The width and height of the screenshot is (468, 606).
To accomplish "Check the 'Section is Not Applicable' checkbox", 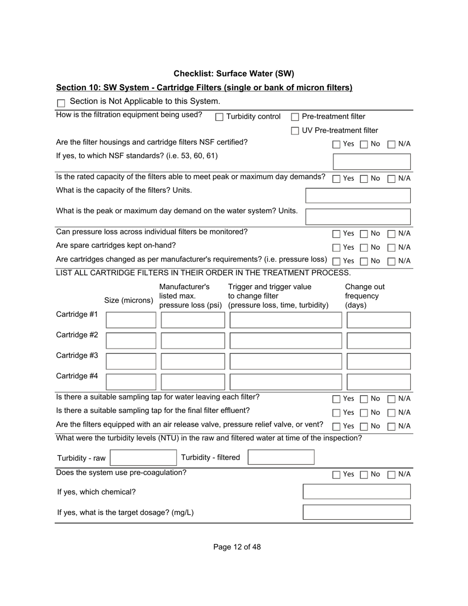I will [x=61, y=103].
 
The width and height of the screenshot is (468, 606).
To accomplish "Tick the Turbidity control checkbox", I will [x=220, y=117].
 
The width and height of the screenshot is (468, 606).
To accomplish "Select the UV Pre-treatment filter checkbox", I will [x=295, y=131].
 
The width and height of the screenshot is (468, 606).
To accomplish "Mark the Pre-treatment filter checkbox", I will [x=295, y=117].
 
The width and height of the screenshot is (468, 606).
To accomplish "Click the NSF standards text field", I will [x=372, y=162].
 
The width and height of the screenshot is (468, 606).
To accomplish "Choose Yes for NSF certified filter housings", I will [x=336, y=144].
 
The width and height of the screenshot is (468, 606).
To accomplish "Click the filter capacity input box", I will [x=358, y=196].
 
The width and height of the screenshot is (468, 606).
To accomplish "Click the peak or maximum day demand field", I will [x=358, y=216].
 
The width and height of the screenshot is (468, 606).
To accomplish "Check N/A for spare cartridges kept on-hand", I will [x=392, y=247].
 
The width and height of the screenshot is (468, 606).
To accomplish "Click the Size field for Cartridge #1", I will [x=131, y=320].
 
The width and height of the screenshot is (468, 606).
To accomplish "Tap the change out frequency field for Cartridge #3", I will [x=378, y=362].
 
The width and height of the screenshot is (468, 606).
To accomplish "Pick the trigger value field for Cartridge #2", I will [x=285, y=341].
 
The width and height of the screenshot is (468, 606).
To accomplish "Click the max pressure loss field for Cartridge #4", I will [x=193, y=382].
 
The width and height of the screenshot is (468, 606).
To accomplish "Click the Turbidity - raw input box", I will [x=143, y=458].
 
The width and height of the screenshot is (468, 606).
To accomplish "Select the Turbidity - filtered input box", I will [x=281, y=457].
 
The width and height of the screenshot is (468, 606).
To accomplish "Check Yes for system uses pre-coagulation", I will [x=336, y=475].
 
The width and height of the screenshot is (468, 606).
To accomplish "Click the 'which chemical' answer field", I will [x=357, y=492].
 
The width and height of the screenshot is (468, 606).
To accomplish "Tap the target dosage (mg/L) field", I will [x=357, y=512].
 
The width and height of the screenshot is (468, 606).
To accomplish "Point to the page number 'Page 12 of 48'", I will [x=237, y=547].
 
